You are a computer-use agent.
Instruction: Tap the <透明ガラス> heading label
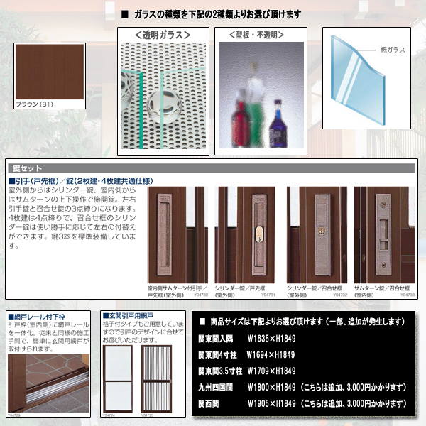point(163,35)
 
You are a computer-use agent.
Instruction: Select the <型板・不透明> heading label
point(256,35)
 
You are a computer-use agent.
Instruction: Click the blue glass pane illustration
point(355,71)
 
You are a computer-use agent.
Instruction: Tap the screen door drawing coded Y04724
point(119,377)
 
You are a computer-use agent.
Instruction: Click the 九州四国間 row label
point(223,388)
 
